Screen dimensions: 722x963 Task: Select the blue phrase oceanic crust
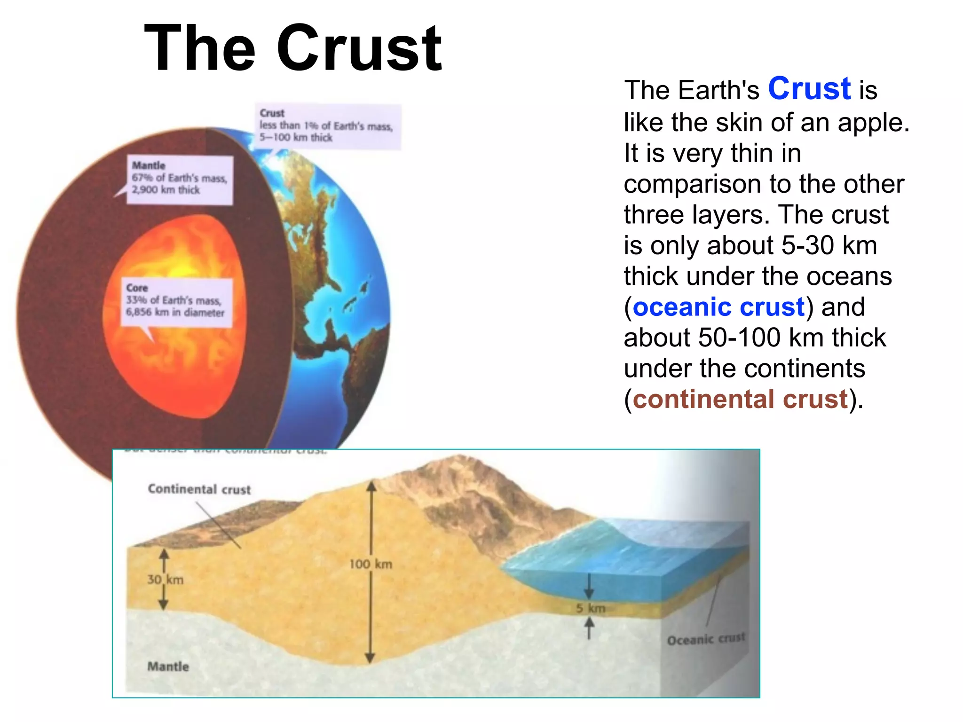point(718,307)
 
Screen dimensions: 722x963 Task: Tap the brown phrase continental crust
point(740,399)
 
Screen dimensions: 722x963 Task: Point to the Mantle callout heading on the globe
point(149,165)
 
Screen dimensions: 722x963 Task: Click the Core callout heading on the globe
point(137,288)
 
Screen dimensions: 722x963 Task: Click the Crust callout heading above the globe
point(272,113)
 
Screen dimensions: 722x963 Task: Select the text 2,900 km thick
point(166,190)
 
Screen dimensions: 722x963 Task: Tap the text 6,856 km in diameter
point(175,313)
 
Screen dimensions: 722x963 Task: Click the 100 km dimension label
point(371,564)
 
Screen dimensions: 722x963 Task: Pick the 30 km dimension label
point(165,580)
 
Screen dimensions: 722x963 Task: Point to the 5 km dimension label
point(591,608)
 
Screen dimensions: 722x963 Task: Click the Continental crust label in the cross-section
point(199,489)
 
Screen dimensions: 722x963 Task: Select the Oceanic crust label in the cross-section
point(706,639)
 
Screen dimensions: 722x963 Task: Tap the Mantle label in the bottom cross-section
point(168,667)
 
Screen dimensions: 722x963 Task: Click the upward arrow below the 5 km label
point(589,628)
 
